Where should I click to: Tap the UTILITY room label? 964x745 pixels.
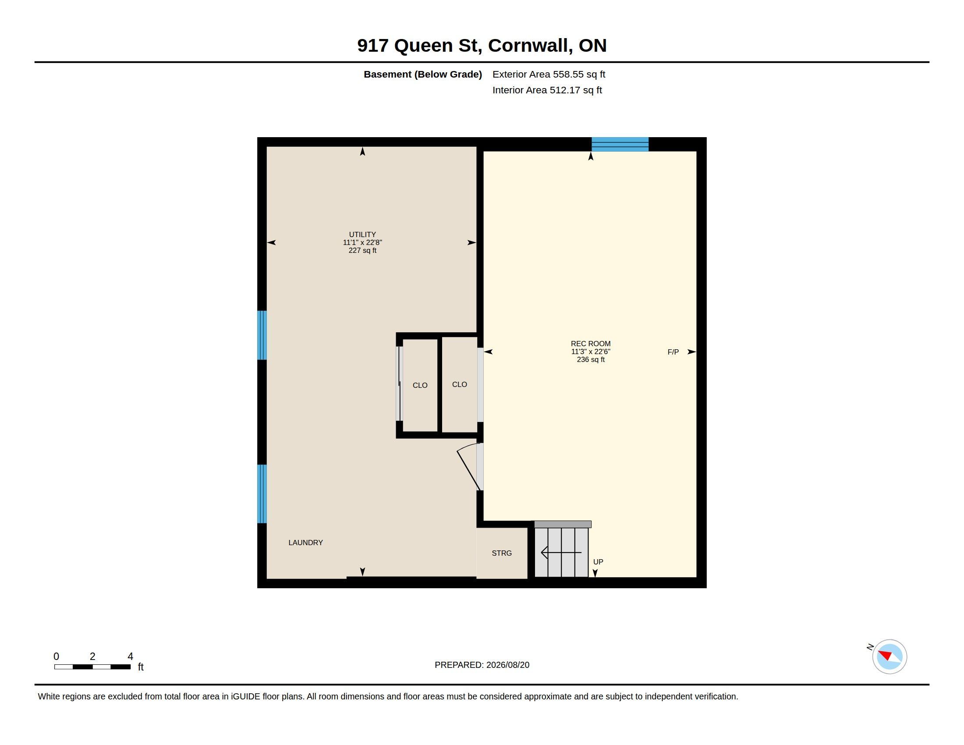tap(362, 234)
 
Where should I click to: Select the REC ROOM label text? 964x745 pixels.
tap(591, 344)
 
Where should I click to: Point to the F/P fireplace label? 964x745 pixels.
tap(673, 352)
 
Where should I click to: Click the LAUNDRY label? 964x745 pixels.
tap(305, 543)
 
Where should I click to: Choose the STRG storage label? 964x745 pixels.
tap(502, 553)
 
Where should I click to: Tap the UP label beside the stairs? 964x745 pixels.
tap(598, 562)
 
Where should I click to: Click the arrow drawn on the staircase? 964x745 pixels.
tap(561, 553)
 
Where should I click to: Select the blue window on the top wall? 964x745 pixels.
tap(620, 144)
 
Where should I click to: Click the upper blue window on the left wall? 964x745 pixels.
tap(262, 335)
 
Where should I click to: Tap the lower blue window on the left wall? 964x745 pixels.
tap(262, 493)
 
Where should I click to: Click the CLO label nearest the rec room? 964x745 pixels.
tap(460, 384)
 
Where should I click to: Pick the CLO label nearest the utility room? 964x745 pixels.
tap(420, 385)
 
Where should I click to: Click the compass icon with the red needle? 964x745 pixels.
tap(890, 656)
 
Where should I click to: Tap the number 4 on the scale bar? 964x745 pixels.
tap(130, 656)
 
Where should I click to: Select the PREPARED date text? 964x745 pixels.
tap(482, 665)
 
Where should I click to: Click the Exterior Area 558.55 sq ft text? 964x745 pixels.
tap(549, 74)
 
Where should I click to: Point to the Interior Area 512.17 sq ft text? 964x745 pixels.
tap(547, 90)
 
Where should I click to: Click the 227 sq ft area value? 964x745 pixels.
tap(362, 250)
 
